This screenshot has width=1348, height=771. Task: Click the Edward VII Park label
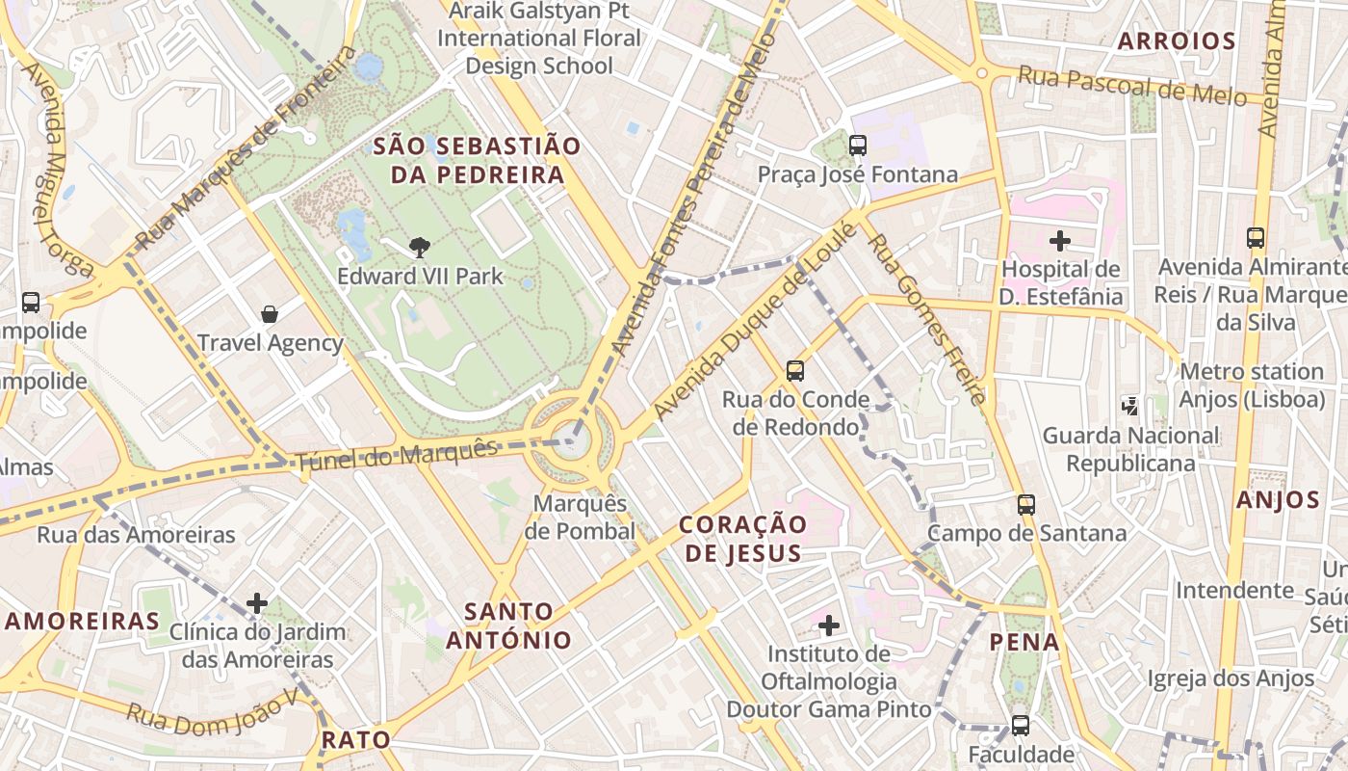(x=420, y=277)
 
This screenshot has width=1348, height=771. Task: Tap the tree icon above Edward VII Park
(x=419, y=248)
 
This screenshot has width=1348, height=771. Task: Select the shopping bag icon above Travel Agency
(x=270, y=314)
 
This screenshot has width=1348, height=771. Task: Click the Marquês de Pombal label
(x=581, y=518)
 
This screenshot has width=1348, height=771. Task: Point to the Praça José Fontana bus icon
(x=857, y=146)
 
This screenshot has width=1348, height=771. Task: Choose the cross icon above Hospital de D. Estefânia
(x=1059, y=240)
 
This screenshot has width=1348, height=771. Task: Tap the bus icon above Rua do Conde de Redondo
(x=795, y=371)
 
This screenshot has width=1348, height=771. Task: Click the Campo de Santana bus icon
(x=1026, y=504)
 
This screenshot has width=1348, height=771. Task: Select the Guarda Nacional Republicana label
(x=1130, y=450)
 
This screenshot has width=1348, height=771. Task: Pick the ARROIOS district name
(x=1176, y=40)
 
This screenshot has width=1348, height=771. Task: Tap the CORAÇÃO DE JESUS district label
(x=742, y=539)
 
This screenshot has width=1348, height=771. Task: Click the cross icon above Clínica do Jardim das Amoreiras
(x=257, y=604)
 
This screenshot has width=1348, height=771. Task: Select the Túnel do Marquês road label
(x=397, y=454)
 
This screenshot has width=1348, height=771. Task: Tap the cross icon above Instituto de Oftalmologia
(x=828, y=626)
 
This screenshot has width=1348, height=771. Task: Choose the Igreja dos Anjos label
(x=1230, y=678)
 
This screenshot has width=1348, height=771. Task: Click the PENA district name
(x=1024, y=642)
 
